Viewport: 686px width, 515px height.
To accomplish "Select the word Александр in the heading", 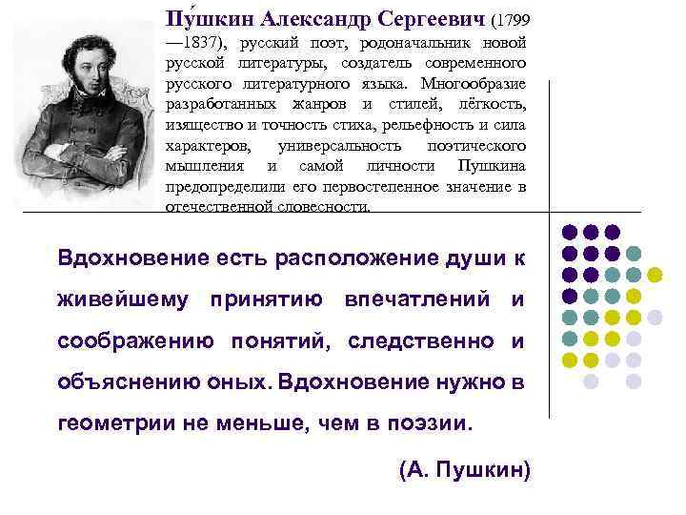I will [x=305, y=19].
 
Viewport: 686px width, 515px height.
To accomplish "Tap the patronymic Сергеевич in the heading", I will [x=429, y=19].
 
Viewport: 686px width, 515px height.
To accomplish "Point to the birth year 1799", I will [x=512, y=19].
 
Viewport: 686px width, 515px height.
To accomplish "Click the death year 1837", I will [x=194, y=42].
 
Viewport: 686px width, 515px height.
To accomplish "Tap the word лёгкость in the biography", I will [x=493, y=104].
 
